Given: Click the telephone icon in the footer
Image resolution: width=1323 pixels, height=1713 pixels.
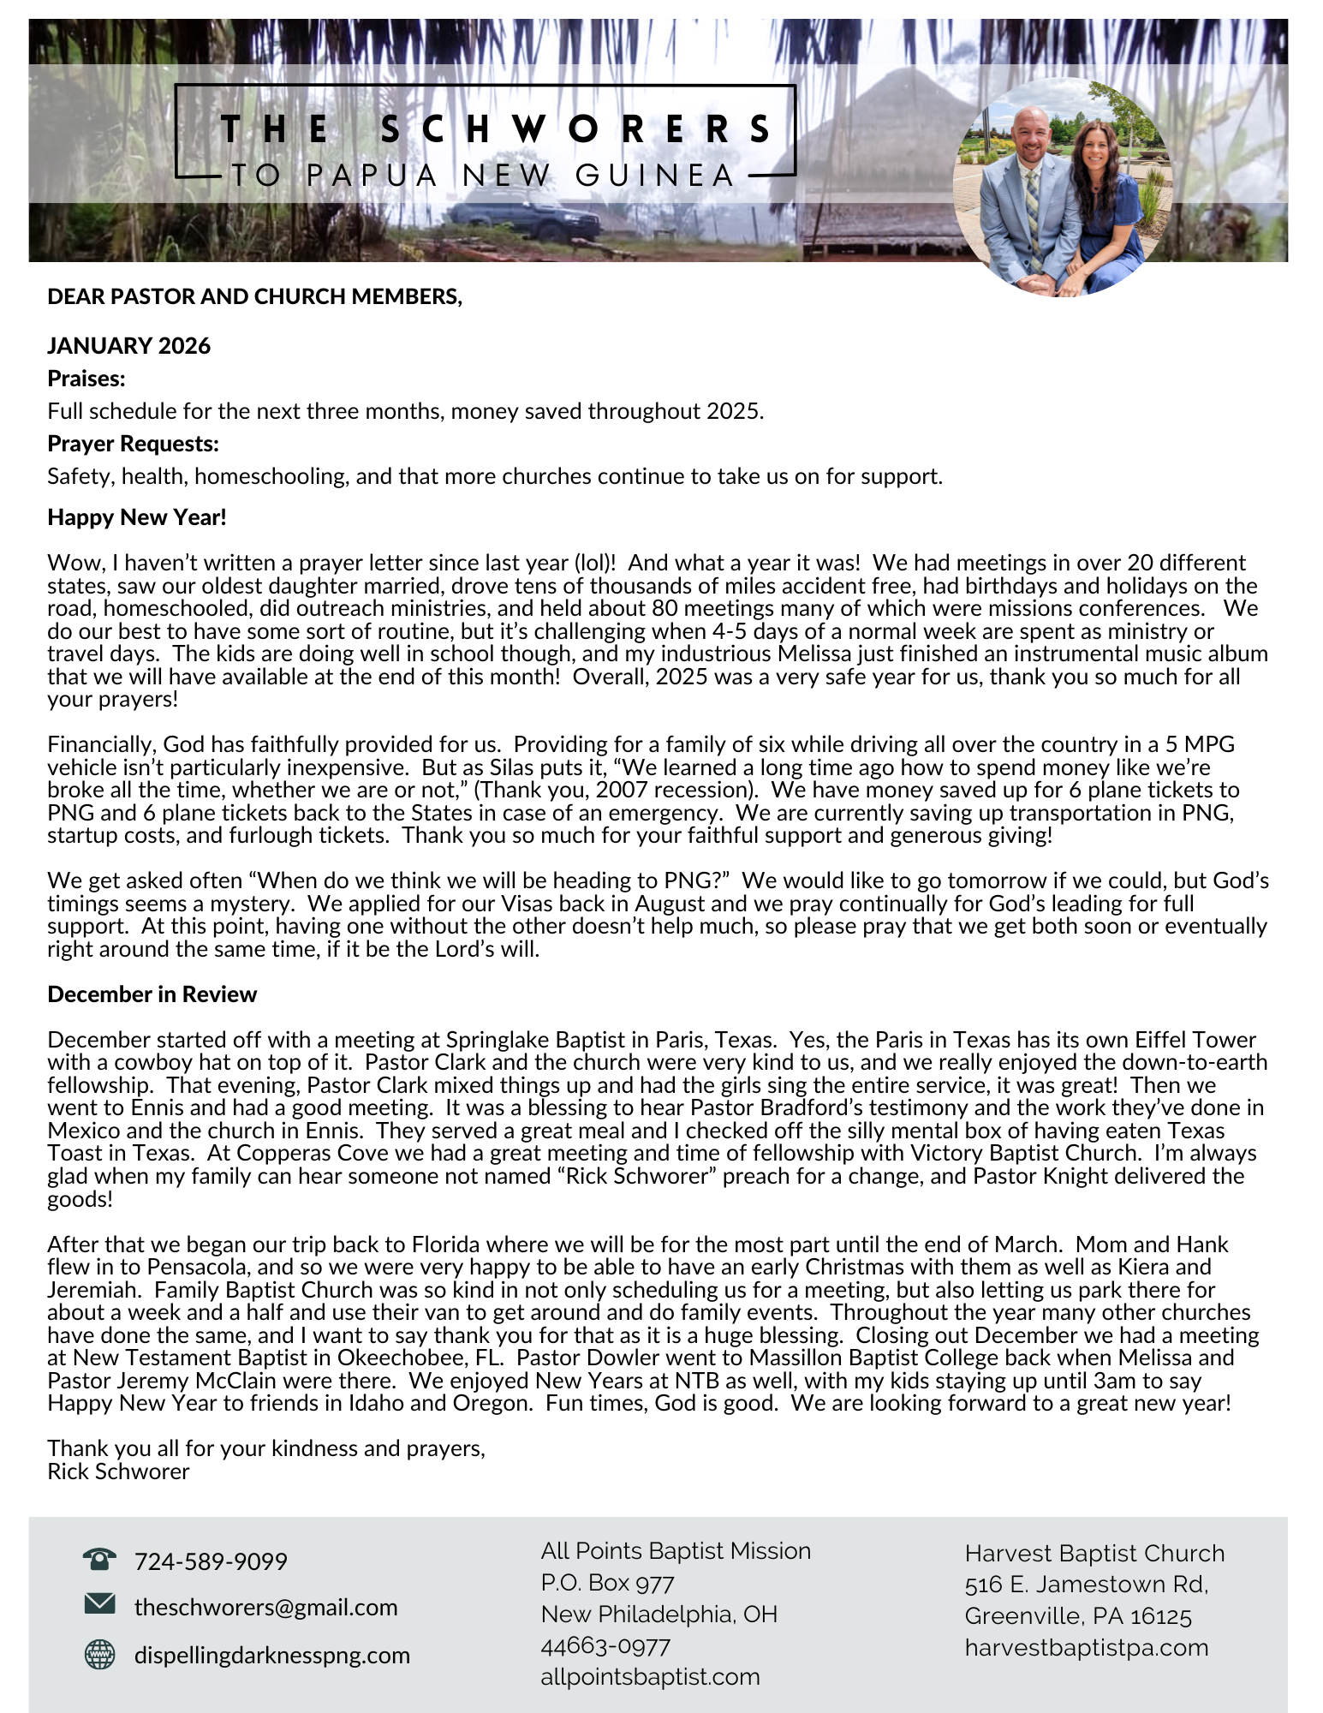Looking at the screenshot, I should (99, 1559).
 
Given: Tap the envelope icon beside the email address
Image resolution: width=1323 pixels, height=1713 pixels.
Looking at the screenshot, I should (99, 1603).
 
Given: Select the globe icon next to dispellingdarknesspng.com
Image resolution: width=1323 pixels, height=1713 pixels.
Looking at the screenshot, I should (99, 1654).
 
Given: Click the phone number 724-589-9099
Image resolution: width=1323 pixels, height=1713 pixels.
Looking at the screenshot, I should (211, 1561).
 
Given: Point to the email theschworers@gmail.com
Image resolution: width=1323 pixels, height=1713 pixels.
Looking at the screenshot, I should (265, 1607).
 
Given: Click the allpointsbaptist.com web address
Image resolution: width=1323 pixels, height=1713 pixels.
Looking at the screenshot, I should (650, 1676).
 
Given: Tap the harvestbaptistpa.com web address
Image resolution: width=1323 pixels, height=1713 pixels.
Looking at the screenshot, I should (1086, 1647).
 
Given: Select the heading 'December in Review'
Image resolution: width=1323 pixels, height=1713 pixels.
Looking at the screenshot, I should (152, 994).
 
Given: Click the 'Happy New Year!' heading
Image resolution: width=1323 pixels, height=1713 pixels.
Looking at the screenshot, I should (137, 517).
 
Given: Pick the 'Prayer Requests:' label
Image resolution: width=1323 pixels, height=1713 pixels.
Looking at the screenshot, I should (134, 444).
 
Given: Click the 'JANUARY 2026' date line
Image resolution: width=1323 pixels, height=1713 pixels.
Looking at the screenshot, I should (129, 346).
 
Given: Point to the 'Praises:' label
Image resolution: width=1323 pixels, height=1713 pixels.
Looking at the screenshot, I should (86, 379).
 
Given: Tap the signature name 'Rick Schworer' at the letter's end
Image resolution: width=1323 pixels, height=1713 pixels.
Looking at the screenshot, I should (119, 1471).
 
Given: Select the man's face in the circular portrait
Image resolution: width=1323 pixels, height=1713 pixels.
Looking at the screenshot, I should (1029, 133).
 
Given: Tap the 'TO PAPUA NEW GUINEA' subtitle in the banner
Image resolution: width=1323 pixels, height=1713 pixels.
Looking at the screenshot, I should (484, 176).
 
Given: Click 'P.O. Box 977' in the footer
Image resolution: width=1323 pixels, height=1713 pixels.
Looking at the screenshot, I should (607, 1582).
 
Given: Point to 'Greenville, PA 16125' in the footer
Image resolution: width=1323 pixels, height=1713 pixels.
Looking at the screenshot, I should (1078, 1616).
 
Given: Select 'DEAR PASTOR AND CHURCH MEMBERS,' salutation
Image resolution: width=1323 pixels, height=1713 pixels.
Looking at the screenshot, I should (255, 296).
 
